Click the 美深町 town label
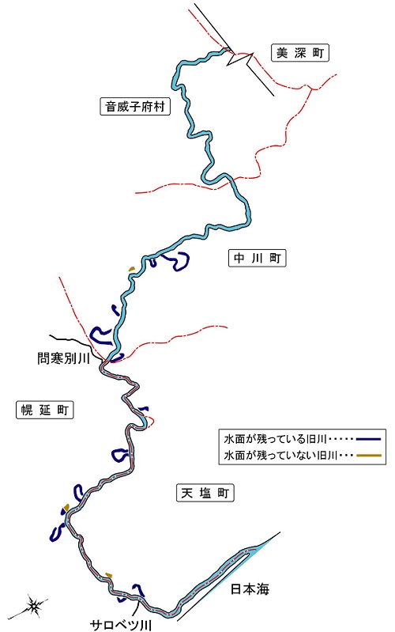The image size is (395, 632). [300, 52]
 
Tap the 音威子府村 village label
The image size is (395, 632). [135, 107]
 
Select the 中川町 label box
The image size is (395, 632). [258, 258]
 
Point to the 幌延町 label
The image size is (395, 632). [45, 410]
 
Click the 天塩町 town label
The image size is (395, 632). [205, 493]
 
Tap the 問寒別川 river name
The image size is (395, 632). [63, 358]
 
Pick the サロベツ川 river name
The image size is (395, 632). [120, 625]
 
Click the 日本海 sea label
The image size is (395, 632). [250, 589]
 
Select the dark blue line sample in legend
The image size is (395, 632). [368, 438]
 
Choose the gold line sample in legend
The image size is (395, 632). [368, 456]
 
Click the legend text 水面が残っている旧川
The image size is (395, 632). [276, 438]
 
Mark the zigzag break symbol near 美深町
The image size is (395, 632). [240, 58]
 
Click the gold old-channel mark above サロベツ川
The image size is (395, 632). [108, 574]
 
